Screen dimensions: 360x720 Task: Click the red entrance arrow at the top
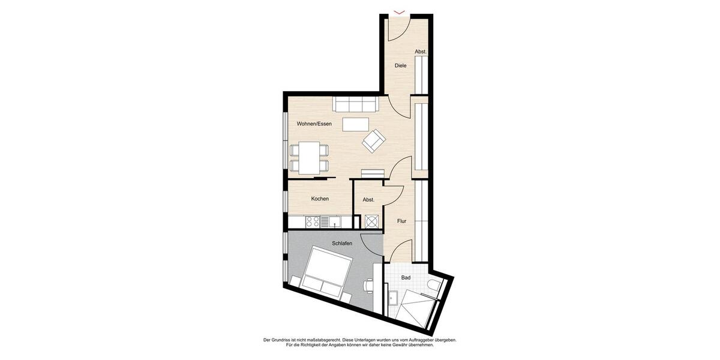coord(399,11)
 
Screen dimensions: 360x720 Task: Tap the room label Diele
coord(400,65)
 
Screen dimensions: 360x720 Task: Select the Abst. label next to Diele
coord(421,52)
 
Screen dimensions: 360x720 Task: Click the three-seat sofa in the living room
coord(356,104)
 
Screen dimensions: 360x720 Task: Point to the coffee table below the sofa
coord(355,124)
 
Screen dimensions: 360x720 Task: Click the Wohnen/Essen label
coord(314,124)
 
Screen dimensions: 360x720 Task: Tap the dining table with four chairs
coord(310,158)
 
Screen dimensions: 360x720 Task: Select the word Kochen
coord(320,199)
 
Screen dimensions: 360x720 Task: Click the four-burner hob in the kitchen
coord(313,222)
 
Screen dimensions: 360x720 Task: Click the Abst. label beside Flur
coord(368,200)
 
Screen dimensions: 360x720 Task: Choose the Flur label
coord(401,221)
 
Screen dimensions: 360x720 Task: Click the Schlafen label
coord(341,244)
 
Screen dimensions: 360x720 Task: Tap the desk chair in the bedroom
coord(368,286)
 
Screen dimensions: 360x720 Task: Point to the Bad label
coord(406,278)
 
